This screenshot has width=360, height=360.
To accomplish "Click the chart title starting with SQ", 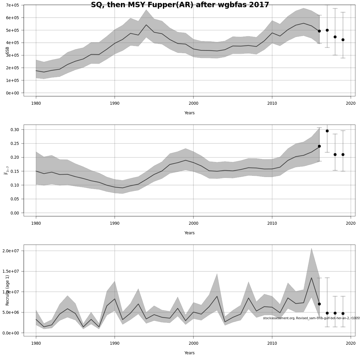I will point(180,5).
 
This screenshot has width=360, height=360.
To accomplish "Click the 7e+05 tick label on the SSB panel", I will point(12,5).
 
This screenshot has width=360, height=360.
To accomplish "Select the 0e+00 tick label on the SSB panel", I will point(12,93).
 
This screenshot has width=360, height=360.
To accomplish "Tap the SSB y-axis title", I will point(7,51).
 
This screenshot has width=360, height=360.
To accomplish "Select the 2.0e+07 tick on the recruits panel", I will point(11,251).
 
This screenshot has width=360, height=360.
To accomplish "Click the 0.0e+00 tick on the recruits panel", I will point(11,333).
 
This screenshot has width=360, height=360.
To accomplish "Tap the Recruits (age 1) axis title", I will point(7,290).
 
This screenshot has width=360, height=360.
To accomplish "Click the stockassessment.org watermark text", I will point(311,318).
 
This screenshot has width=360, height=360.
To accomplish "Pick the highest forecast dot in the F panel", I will point(327,131).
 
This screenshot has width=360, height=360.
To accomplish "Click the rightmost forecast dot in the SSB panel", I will point(343,40).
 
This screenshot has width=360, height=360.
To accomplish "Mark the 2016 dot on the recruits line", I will point(319,304).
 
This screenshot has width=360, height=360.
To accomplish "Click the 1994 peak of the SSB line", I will point(146,25).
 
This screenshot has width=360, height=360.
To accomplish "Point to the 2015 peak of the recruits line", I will point(311,278).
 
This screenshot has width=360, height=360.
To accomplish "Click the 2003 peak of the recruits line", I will point(217,296).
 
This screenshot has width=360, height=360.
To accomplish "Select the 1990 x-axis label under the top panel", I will point(115,103).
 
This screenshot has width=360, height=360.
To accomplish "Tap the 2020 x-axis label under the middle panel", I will point(351,223).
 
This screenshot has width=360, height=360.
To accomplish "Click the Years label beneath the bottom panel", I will point(189,353).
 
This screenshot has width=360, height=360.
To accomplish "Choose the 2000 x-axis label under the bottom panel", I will point(193,343).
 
